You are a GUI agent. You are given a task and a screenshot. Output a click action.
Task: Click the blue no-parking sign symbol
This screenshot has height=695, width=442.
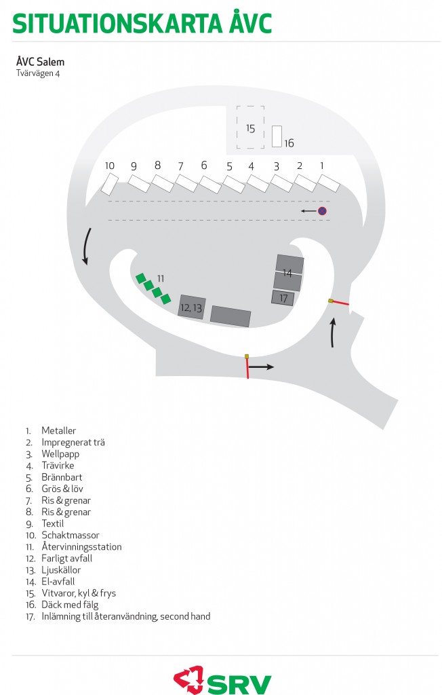[x=322, y=211]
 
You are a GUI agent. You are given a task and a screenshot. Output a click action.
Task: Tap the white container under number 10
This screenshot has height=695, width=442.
[x=109, y=185]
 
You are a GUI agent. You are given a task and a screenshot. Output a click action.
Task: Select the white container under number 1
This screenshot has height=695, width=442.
[x=329, y=183]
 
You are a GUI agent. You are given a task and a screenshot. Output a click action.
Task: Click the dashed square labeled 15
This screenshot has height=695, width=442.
[x=250, y=127]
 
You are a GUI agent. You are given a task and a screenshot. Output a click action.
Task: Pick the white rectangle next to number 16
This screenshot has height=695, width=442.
[x=277, y=136]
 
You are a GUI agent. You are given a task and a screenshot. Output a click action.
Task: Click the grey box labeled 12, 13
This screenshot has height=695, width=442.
[x=192, y=307]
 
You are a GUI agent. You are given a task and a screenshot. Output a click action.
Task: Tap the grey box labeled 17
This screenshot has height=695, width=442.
[x=283, y=298]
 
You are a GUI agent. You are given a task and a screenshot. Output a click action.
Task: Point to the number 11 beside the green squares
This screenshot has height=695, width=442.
[x=160, y=278]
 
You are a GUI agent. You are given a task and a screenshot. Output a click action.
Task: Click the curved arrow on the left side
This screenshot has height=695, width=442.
[x=86, y=246]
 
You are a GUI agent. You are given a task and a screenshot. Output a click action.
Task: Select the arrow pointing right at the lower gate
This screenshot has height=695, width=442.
[x=261, y=367]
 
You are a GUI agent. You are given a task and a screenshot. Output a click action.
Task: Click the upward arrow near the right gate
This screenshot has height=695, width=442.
[x=333, y=333]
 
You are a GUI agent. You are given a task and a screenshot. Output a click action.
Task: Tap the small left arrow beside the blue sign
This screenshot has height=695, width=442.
[x=308, y=211]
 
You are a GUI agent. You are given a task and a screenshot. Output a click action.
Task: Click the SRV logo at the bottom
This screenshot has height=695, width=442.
[x=222, y=679]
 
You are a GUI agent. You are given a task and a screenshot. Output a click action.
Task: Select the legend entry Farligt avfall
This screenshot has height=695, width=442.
[x=67, y=559]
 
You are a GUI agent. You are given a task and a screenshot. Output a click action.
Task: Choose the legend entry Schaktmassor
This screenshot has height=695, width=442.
[x=71, y=535]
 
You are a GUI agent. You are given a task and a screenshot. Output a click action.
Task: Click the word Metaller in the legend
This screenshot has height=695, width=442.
[x=58, y=430]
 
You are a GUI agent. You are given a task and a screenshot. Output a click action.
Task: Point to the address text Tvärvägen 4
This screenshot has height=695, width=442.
[x=38, y=73]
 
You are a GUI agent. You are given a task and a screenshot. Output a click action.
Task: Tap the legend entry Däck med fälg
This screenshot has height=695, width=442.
[x=70, y=605]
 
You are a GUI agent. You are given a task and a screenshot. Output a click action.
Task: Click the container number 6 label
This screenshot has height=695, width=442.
[x=204, y=166]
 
